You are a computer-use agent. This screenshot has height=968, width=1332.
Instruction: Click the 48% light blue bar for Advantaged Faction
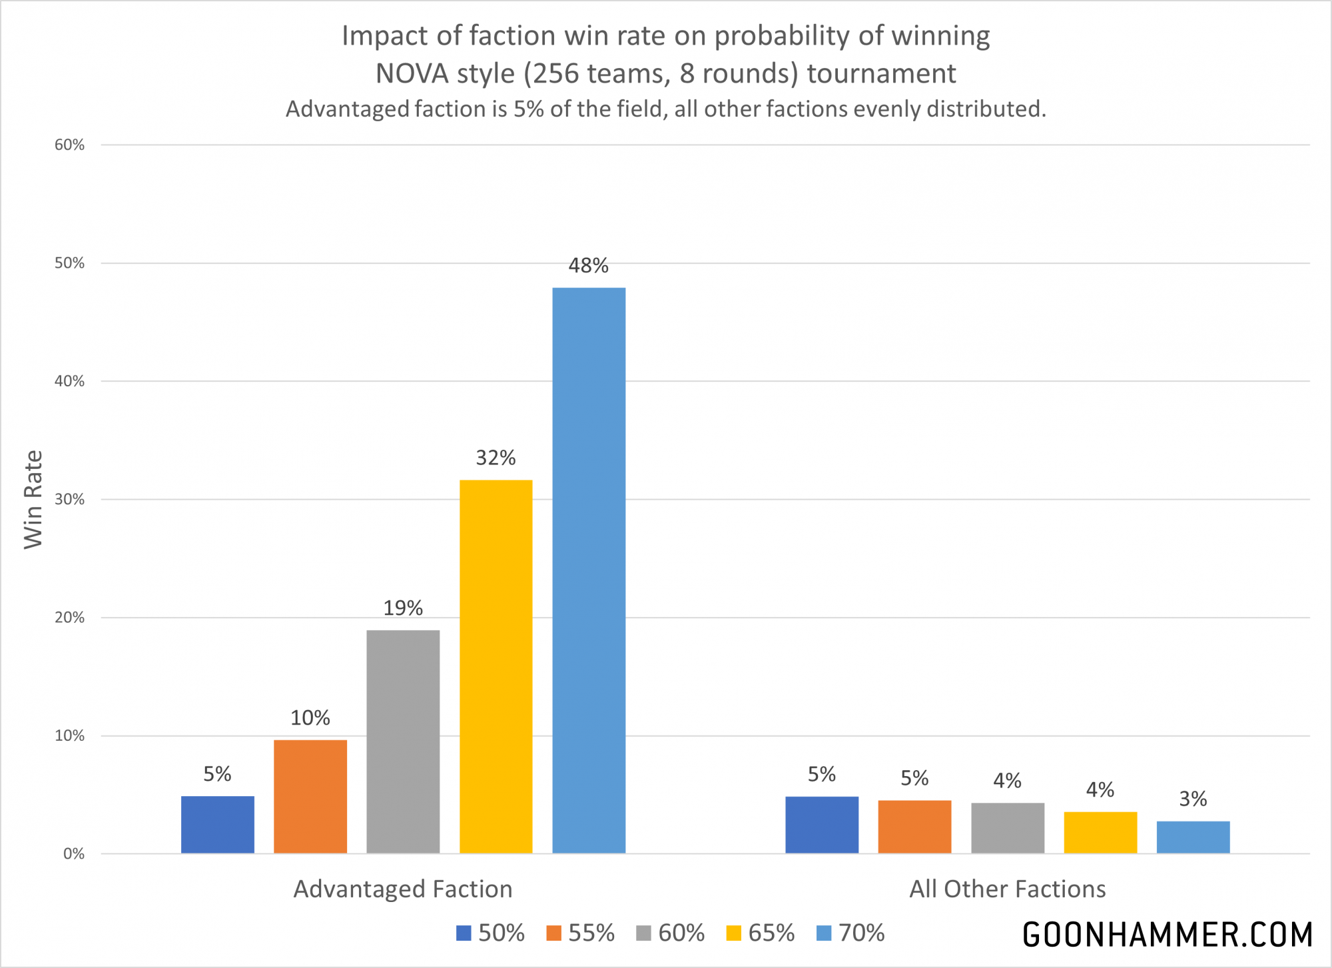tap(589, 570)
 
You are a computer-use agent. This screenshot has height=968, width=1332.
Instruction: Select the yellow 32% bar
tap(496, 666)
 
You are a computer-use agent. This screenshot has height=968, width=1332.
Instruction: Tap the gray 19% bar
tap(403, 741)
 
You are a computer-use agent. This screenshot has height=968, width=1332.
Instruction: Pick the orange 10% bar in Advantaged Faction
tap(310, 796)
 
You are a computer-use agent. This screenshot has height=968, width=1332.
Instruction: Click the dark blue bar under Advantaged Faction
tap(218, 825)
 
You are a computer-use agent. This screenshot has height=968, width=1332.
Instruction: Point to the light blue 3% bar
tap(1193, 837)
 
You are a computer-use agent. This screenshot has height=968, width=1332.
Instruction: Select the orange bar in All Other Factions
tap(914, 827)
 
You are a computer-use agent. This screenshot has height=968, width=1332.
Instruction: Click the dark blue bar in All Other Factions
tap(822, 825)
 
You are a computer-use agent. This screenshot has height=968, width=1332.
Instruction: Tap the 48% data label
tap(588, 266)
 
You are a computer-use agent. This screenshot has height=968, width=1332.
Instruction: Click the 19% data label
tap(403, 608)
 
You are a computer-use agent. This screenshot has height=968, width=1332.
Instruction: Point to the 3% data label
tap(1193, 799)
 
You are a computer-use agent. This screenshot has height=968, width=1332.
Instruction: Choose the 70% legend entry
tap(850, 933)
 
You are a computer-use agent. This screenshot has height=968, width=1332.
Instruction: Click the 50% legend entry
tap(491, 933)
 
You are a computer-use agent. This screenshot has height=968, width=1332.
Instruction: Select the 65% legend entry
tap(761, 933)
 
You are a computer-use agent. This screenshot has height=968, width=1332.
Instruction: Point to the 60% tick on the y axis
tap(70, 145)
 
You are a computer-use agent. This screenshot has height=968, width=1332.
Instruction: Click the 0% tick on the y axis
tap(73, 854)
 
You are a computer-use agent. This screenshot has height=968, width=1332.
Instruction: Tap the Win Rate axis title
tap(33, 500)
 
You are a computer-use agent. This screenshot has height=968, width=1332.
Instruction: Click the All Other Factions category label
tap(1007, 889)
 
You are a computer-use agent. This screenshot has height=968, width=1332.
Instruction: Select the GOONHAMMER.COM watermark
tap(1167, 935)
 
